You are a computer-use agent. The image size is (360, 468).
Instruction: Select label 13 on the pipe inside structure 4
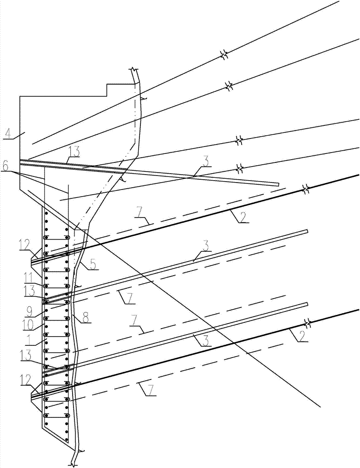[x=73, y=153]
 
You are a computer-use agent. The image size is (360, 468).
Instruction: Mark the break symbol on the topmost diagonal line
[x=224, y=55]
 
